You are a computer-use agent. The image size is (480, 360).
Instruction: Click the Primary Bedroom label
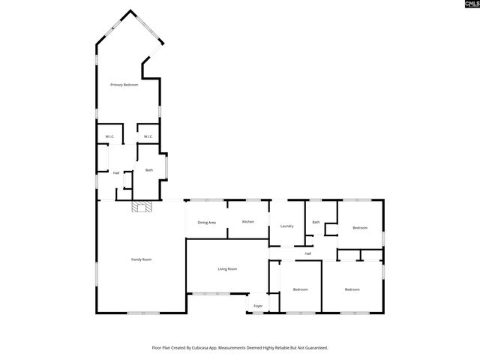tap(124, 85)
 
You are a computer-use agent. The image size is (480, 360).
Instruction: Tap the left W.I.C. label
tap(109, 136)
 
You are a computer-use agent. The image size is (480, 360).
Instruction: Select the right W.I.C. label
tap(148, 136)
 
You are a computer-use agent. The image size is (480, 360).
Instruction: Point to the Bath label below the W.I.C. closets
tap(149, 170)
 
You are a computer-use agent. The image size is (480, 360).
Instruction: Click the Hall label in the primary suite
tap(116, 173)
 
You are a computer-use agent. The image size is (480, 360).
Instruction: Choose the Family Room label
tap(142, 259)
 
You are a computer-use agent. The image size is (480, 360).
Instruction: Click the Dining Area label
tap(207, 223)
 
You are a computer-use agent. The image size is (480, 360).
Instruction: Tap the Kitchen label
tap(247, 222)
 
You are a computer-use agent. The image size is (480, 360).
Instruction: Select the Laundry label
tap(286, 226)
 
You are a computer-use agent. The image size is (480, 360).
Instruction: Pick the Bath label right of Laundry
tap(316, 222)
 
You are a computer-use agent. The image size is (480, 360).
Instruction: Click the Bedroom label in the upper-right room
tap(360, 227)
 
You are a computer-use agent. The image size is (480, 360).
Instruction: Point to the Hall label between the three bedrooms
tap(307, 253)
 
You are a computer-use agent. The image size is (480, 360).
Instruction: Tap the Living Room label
tap(227, 268)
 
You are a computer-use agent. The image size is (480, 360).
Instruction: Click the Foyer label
tap(258, 306)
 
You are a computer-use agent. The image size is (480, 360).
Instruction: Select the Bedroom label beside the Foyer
tap(301, 289)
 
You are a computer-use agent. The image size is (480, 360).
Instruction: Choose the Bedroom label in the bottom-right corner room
tap(352, 289)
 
